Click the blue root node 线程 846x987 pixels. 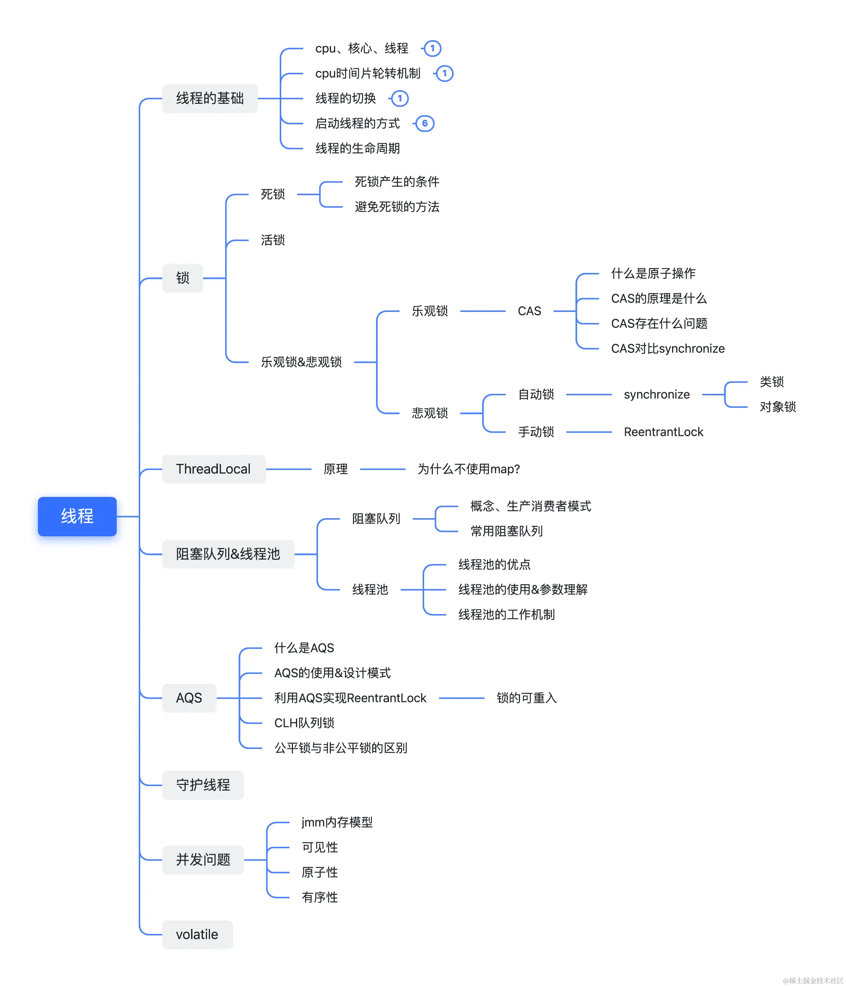[77, 516]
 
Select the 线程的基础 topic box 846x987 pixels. [210, 99]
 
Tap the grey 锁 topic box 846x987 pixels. [182, 278]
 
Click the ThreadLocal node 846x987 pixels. [213, 469]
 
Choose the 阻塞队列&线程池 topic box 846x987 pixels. [228, 554]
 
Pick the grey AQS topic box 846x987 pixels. [189, 698]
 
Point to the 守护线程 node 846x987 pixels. [203, 785]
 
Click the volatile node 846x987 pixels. [197, 935]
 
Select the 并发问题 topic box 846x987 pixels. [203, 860]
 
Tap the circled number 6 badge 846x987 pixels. [425, 124]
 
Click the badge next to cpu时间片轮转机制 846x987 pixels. [445, 74]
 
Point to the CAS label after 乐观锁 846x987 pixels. [529, 311]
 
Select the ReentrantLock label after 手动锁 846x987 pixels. [664, 432]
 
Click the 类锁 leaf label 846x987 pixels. [772, 382]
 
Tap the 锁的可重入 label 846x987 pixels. [526, 698]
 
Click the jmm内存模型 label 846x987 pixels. [337, 822]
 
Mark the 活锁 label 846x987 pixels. [273, 240]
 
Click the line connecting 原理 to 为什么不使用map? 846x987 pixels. [382, 469]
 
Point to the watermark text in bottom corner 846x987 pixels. [813, 980]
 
